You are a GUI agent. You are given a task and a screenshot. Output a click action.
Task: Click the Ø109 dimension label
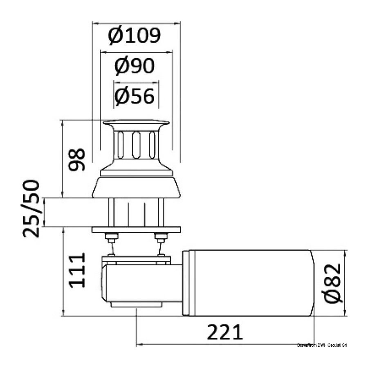coord(134,36)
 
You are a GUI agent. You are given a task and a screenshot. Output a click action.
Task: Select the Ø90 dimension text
coord(135,66)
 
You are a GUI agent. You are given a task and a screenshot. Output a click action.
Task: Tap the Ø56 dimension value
coord(135,96)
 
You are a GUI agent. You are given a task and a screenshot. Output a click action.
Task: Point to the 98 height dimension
coord(76,159)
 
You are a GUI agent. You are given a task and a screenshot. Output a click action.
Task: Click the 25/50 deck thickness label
coord(31,209)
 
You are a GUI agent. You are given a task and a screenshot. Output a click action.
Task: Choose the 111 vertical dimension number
coord(76,270)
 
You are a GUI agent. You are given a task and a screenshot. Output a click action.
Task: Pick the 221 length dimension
coord(224,332)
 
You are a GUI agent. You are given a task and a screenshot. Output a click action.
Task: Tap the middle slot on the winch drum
coord(136,145)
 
